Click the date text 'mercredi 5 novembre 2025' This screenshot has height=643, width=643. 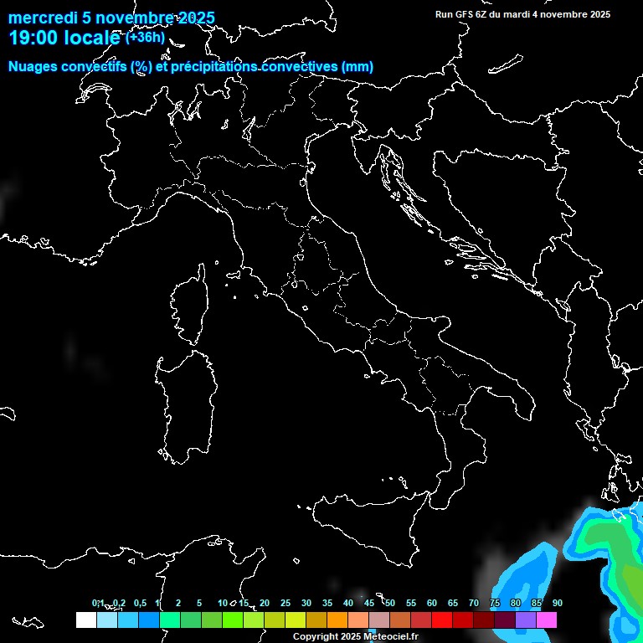[111, 18]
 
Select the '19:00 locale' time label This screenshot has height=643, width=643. [64, 38]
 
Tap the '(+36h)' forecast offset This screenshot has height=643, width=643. [145, 37]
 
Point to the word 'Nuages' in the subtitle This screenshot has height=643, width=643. [33, 67]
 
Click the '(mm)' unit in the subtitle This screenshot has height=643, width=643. [358, 67]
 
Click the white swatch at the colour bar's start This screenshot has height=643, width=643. [85, 620]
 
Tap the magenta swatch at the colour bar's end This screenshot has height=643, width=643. [547, 620]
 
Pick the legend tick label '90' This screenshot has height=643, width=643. [558, 603]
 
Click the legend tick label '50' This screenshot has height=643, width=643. [390, 603]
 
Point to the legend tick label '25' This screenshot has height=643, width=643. [285, 603]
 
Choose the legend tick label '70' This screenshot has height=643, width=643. [474, 603]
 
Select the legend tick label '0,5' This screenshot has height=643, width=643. [139, 603]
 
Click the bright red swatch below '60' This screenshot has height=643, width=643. [442, 620]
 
